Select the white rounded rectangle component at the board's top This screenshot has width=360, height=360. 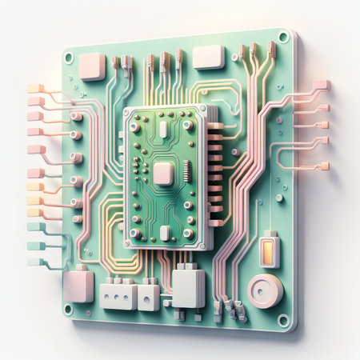209,56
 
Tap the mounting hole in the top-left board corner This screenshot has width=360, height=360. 69,58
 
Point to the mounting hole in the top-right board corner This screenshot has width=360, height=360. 282,36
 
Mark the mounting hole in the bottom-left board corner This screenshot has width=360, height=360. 69,308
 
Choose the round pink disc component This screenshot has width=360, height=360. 264,290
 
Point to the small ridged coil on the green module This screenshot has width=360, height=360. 186,170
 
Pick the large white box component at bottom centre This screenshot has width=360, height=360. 188,286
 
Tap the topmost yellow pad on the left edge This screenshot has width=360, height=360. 34,88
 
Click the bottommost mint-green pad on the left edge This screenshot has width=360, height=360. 34,262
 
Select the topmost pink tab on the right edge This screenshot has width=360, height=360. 321,85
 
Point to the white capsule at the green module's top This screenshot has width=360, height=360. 163,129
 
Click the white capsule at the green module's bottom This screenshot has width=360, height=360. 164,232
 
